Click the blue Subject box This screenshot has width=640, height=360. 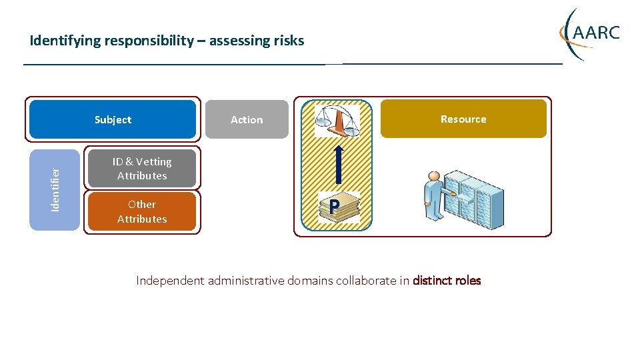click(113, 119)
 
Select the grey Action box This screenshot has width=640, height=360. click(247, 120)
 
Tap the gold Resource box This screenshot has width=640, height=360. click(463, 119)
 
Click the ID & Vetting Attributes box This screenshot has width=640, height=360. click(142, 169)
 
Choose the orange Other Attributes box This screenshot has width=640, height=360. click(142, 211)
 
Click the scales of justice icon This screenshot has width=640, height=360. click(337, 121)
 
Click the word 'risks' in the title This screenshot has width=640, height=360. click(289, 41)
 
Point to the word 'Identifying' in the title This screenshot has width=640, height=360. click(65, 41)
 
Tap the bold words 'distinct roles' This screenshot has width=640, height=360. click(447, 281)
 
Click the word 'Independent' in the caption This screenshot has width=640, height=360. click(170, 281)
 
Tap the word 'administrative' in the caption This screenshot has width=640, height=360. click(246, 281)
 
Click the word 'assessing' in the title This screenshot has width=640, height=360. click(239, 41)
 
